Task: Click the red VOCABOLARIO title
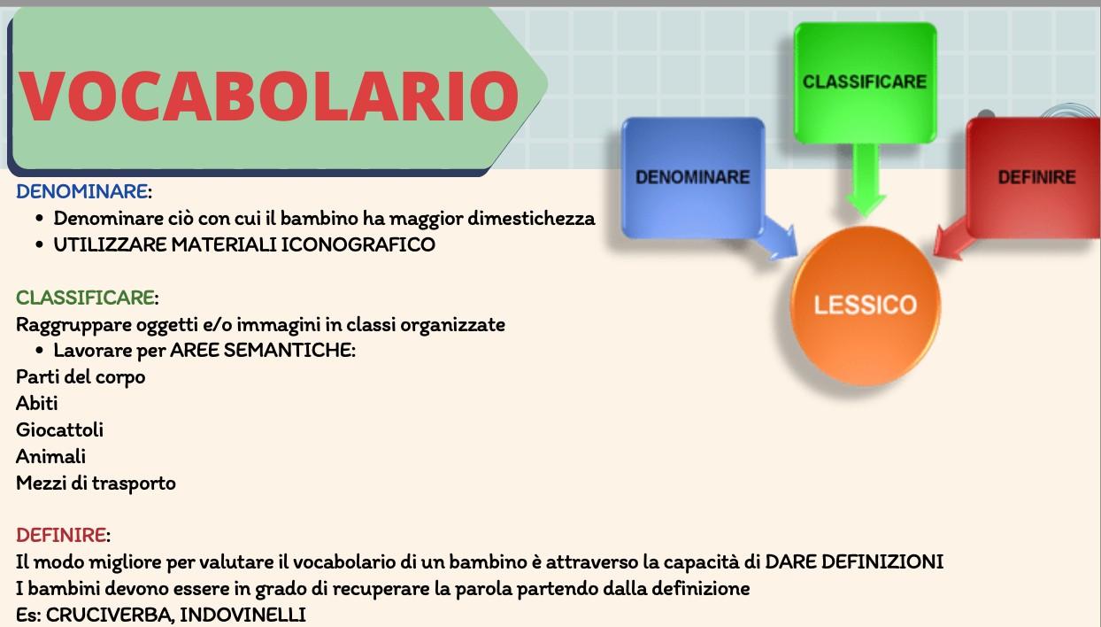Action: click(269, 96)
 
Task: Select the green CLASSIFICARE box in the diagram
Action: click(865, 82)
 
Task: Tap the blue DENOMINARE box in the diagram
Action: click(693, 177)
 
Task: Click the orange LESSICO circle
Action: click(865, 306)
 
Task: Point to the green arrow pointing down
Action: click(865, 180)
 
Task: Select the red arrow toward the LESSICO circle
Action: click(953, 239)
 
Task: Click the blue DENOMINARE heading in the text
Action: click(81, 191)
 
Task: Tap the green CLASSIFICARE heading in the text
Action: click(85, 298)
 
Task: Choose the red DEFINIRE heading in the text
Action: click(61, 535)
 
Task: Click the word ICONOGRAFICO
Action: click(358, 244)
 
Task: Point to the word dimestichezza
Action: click(531, 219)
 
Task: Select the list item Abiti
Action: click(37, 403)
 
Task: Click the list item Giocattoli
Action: click(59, 430)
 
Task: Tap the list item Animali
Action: click(50, 456)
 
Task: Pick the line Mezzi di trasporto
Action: click(96, 483)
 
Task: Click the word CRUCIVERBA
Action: click(109, 615)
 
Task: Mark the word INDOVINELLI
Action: click(243, 615)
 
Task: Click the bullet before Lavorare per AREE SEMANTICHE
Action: click(40, 351)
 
